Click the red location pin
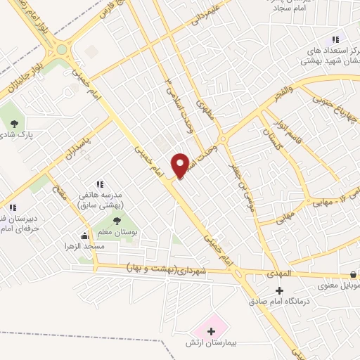pos(182,165)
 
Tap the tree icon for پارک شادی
pos(15,124)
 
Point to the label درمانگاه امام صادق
pos(279,302)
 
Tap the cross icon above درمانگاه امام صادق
pos(279,290)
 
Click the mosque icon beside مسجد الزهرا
pos(86,236)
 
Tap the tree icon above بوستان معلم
pos(116,222)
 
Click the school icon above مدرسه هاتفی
pos(99,184)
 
